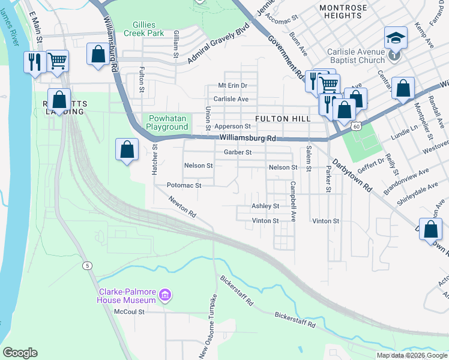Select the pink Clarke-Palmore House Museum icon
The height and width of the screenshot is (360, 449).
click(166, 295)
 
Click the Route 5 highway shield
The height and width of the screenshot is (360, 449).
click(88, 265)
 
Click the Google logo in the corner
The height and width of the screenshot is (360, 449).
click(20, 353)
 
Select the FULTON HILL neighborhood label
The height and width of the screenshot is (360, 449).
click(283, 119)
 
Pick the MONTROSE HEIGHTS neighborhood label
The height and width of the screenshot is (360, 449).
click(343, 11)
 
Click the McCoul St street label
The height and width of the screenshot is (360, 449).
click(130, 311)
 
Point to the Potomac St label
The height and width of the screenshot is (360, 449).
click(183, 185)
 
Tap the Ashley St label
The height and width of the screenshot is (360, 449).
click(265, 206)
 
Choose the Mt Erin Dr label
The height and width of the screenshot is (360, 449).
click(232, 86)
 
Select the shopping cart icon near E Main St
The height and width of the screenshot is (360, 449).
click(57, 60)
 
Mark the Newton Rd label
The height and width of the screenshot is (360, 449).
click(182, 207)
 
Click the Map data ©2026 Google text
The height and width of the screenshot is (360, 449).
click(412, 355)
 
